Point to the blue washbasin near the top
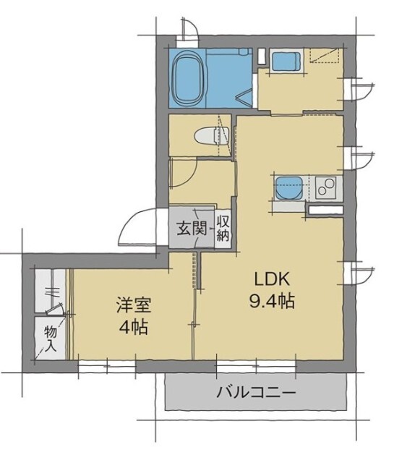(286, 62)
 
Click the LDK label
(271, 279)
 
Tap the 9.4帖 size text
(272, 302)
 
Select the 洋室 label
(132, 304)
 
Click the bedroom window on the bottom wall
(106, 366)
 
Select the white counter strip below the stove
(325, 210)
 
